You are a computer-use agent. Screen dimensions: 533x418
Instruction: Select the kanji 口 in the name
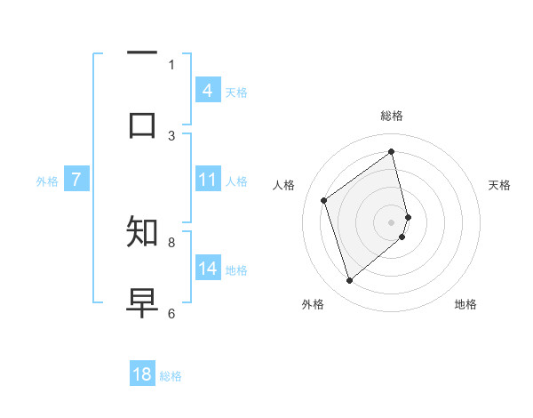coord(142,125)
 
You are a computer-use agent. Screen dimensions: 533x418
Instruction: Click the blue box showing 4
coord(207,91)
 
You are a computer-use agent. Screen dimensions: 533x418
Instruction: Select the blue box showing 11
coord(207,180)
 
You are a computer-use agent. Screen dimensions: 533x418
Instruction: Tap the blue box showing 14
coord(207,269)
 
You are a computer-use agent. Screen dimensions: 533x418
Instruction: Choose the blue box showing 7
coord(76,180)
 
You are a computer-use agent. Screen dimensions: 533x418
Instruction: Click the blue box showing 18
coord(142,374)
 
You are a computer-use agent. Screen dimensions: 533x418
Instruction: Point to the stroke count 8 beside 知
coord(171,241)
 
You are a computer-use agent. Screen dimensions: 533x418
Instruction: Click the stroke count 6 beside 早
coord(171,312)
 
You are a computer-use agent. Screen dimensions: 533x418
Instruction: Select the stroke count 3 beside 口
coord(171,135)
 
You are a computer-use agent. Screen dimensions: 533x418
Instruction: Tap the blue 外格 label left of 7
coord(47,181)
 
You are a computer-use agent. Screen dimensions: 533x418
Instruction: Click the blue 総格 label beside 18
coord(171,376)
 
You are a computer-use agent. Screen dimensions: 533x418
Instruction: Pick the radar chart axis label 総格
coord(392,116)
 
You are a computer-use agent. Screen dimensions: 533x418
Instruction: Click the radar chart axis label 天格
coord(499,185)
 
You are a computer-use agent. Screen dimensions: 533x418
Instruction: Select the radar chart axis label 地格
coord(465,304)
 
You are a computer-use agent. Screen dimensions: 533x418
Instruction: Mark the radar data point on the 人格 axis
coord(324,200)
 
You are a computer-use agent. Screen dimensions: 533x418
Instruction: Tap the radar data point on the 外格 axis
coord(349,281)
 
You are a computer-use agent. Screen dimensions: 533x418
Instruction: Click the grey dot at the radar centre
coord(392,221)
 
